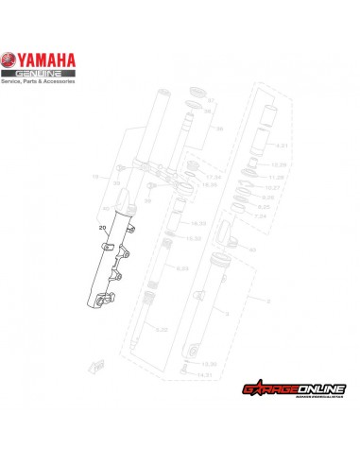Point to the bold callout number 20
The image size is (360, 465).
point(102,227)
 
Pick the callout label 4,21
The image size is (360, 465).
point(280,146)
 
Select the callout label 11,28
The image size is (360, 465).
point(277,177)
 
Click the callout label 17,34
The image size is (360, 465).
point(213,176)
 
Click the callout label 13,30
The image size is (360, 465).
point(210,363)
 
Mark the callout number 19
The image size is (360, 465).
point(94,177)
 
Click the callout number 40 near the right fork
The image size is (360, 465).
point(251,250)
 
